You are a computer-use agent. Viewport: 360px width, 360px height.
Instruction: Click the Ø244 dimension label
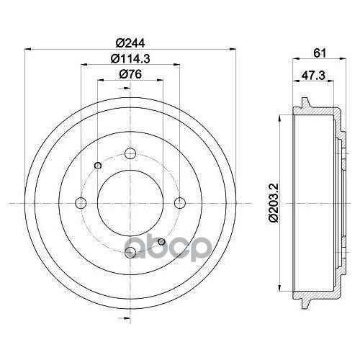[130, 43]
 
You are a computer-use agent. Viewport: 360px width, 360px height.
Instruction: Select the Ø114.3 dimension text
[130, 58]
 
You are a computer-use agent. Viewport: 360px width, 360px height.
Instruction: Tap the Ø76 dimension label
[130, 74]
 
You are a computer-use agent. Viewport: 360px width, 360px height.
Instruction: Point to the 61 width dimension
[320, 53]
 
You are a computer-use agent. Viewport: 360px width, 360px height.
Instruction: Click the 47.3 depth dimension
[313, 76]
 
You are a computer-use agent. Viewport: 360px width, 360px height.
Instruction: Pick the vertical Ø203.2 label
[274, 202]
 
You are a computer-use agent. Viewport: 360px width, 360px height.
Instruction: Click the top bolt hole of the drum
[130, 153]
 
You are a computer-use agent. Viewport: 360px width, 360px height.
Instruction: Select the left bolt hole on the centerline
[81, 203]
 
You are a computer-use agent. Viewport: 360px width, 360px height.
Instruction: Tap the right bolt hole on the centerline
[180, 203]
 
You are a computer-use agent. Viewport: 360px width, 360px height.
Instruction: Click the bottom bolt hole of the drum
[130, 252]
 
